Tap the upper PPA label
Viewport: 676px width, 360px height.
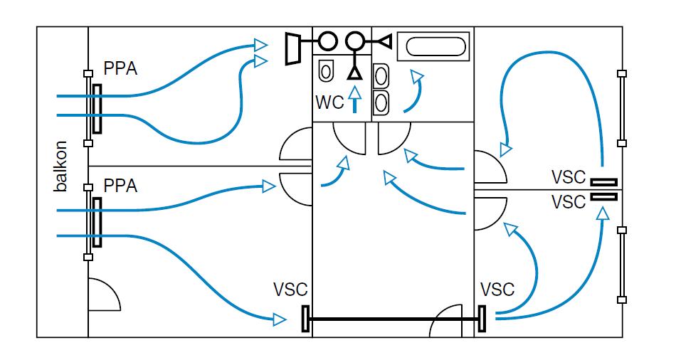[x=120, y=69]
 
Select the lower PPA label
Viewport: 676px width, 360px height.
[x=120, y=186]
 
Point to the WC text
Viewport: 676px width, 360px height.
[x=329, y=102]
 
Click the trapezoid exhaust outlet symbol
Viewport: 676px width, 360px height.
[x=292, y=48]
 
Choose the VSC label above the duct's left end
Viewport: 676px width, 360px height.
[x=290, y=290]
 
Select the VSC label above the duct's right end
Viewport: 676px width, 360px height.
[x=497, y=290]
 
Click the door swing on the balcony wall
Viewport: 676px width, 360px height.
[x=102, y=293]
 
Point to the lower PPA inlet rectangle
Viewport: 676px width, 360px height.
[x=97, y=223]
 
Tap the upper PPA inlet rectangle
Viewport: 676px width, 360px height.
[x=96, y=109]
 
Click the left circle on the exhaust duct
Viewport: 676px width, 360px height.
[x=327, y=40]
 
